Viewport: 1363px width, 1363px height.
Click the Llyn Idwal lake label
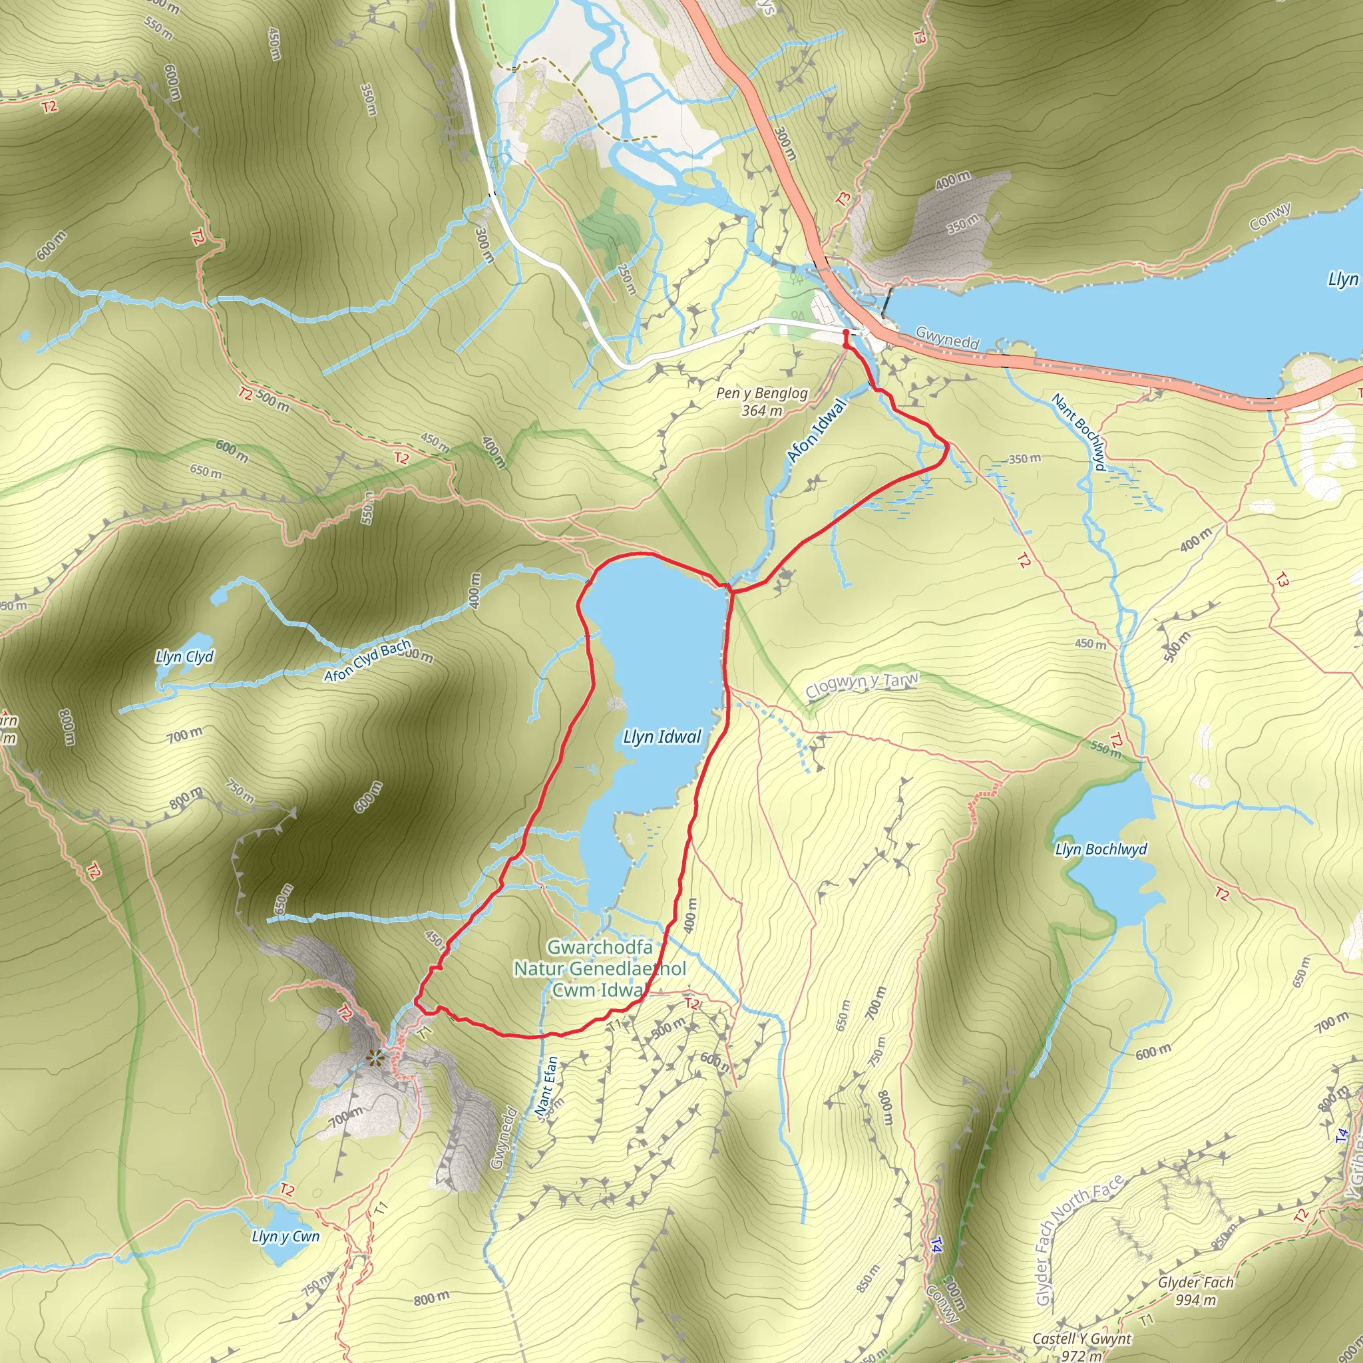662,737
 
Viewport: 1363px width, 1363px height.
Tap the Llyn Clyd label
184,657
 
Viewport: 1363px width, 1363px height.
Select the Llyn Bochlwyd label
1101,849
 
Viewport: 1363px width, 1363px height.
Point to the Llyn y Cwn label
285,1237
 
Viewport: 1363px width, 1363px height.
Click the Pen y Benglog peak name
762,393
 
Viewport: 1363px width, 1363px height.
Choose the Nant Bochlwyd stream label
1079,432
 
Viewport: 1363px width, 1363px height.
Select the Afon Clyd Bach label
367,661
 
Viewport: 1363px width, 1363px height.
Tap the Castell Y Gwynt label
1081,1338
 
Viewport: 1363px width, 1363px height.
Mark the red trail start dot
845,331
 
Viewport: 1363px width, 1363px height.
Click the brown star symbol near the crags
375,1057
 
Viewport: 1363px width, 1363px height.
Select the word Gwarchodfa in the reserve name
600,947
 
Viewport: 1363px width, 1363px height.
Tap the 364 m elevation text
762,411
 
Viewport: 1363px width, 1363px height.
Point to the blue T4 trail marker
936,1245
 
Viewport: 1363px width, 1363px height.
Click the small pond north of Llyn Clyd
220,598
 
